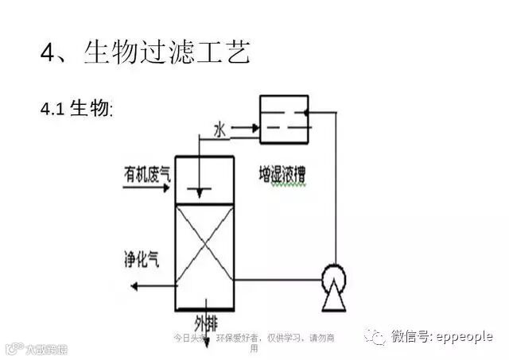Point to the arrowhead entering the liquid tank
[256, 126]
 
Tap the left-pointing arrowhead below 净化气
[135, 285]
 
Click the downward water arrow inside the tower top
[200, 191]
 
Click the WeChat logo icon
[375, 337]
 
